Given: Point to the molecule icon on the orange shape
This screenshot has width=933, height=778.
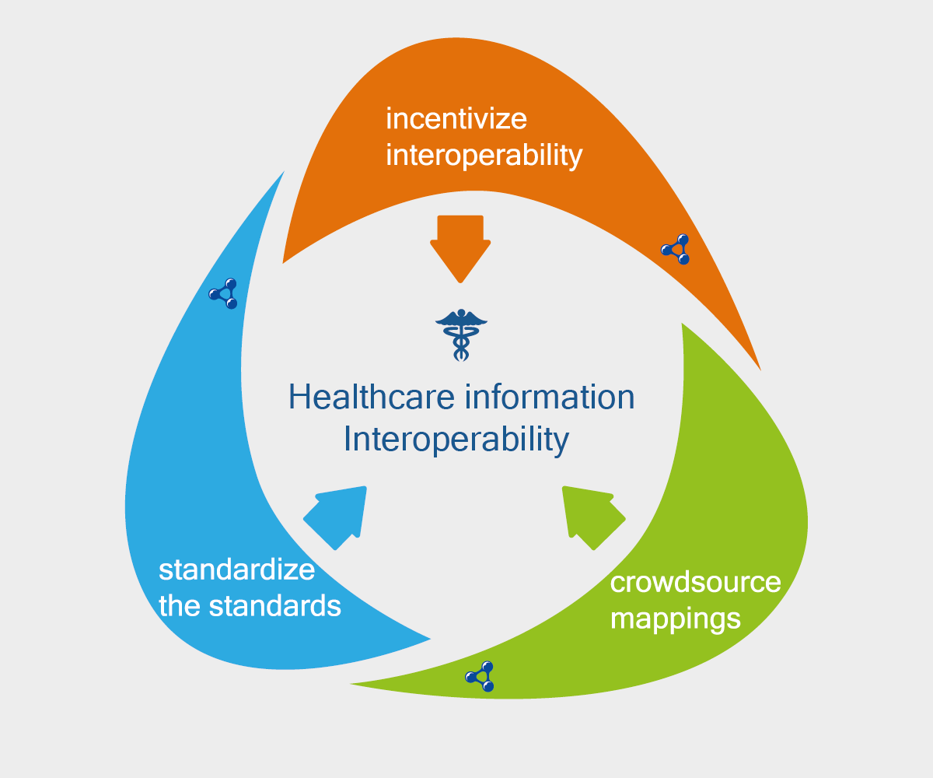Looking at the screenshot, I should (x=675, y=249).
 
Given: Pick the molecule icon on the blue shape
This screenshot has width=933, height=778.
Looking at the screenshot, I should (x=224, y=293).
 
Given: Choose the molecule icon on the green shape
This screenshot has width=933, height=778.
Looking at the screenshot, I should (x=480, y=677).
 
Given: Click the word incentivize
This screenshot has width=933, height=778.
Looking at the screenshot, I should (x=456, y=119).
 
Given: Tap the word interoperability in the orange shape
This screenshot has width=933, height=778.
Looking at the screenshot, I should (x=484, y=156).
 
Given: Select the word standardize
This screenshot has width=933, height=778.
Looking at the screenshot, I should (x=236, y=569).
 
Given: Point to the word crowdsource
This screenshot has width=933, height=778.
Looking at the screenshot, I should (x=695, y=582).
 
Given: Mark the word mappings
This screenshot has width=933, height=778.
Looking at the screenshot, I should (x=675, y=619).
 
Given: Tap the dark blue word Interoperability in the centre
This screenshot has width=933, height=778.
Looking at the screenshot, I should (x=456, y=440).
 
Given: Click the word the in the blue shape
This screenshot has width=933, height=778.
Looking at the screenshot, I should (x=180, y=606).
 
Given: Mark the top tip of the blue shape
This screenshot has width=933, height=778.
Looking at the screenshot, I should (x=284, y=173).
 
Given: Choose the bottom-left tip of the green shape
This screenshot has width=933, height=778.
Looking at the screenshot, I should (x=355, y=684).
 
